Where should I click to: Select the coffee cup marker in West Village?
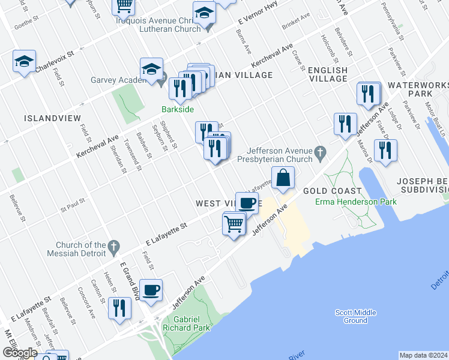[x=247, y=203]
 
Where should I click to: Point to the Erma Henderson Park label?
[x=356, y=202]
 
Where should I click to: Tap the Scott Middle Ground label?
[x=355, y=316]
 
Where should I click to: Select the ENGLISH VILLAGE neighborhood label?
[x=328, y=74]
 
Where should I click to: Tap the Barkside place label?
[x=176, y=109]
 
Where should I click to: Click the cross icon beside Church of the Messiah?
[x=113, y=245]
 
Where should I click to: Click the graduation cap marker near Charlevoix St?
[x=25, y=62]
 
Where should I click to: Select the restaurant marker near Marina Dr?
[x=385, y=151]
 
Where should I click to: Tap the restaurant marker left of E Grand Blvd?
[x=119, y=308]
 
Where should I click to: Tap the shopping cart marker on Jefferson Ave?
[x=234, y=224]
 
